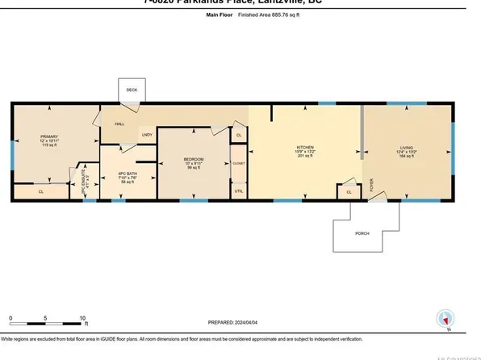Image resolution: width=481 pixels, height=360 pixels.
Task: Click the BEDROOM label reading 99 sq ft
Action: point(194,163)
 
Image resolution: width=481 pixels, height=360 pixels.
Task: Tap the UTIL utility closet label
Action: point(238,190)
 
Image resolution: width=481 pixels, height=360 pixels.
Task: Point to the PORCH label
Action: point(363,237)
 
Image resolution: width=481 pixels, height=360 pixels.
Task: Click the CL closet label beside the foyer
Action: point(349,192)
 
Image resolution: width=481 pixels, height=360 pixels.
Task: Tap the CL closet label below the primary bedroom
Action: point(41,192)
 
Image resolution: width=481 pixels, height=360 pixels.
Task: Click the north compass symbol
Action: point(445,318)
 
